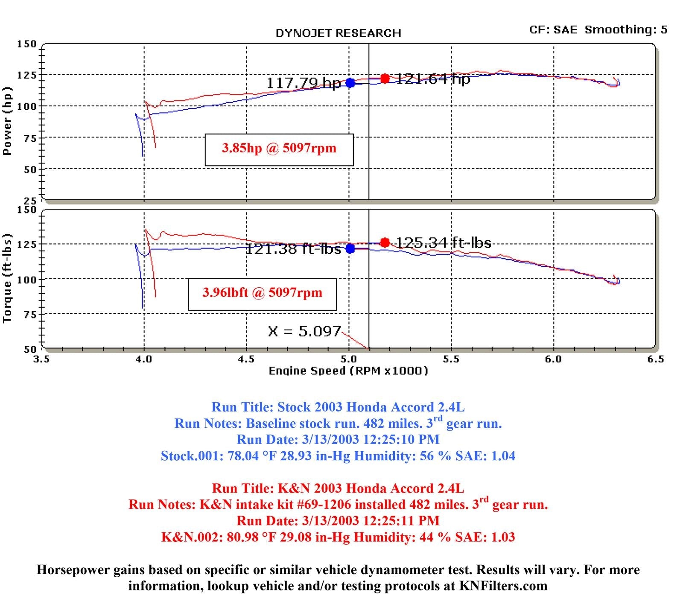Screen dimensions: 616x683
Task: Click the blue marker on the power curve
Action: pyautogui.click(x=350, y=83)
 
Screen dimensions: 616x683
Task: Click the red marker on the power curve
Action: pyautogui.click(x=385, y=79)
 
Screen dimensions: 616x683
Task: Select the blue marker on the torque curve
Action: pyautogui.click(x=350, y=248)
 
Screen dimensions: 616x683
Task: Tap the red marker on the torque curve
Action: pyautogui.click(x=385, y=242)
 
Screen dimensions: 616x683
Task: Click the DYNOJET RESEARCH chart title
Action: pyautogui.click(x=338, y=33)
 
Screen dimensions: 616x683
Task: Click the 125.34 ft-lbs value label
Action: pyautogui.click(x=444, y=242)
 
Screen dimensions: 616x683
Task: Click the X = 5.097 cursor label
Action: pyautogui.click(x=304, y=331)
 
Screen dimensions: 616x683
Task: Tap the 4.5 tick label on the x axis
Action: pyautogui.click(x=246, y=359)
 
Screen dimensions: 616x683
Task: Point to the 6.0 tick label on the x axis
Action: pyautogui.click(x=553, y=359)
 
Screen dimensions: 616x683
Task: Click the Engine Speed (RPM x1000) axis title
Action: pyautogui.click(x=348, y=371)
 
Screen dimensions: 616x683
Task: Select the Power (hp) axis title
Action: pyautogui.click(x=7, y=121)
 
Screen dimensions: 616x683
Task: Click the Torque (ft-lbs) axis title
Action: pyautogui.click(x=7, y=278)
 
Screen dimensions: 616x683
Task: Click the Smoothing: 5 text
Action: pyautogui.click(x=626, y=29)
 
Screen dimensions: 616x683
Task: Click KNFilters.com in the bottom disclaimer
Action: pyautogui.click(x=503, y=586)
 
